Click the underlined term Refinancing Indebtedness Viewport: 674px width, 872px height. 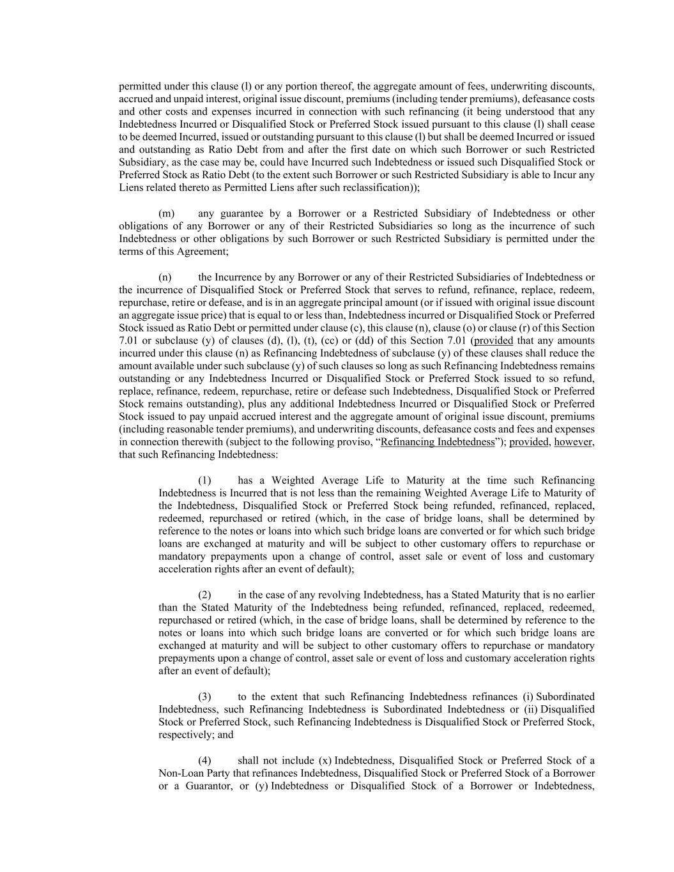(438, 442)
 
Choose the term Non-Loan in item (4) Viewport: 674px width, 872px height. (178, 773)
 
